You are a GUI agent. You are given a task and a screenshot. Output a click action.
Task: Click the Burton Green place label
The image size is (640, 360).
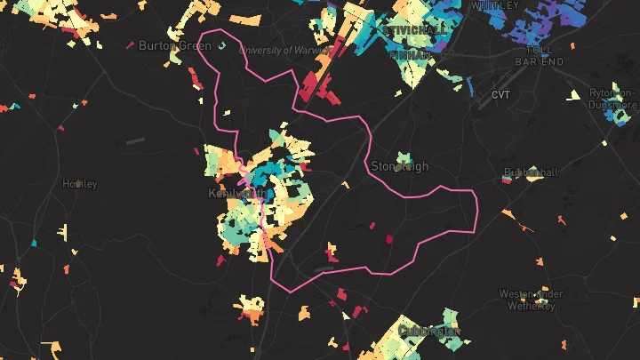(174, 45)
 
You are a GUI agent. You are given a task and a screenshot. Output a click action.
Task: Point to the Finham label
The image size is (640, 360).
(411, 55)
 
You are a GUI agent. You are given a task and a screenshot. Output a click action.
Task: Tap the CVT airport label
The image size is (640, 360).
(501, 94)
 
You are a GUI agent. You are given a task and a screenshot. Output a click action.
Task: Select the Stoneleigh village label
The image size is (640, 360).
(399, 166)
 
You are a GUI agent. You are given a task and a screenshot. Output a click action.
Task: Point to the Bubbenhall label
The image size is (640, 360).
(531, 172)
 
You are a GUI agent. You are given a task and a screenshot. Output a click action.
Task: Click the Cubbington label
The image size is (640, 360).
(429, 331)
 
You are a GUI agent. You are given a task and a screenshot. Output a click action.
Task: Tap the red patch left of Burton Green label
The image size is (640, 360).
(130, 45)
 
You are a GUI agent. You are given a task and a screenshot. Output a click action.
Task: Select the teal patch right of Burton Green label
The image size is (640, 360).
(222, 44)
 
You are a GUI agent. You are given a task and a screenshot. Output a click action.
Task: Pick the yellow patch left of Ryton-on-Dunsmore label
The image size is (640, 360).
(574, 94)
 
